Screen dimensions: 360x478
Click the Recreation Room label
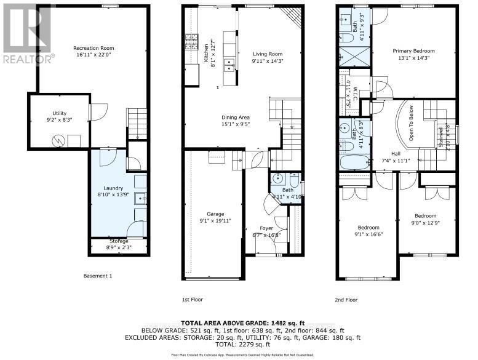click(94, 48)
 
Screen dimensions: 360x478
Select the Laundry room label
click(113, 188)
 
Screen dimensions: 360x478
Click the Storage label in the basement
click(119, 241)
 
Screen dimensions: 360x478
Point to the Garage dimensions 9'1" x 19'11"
click(215, 220)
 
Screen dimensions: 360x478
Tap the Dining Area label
click(236, 117)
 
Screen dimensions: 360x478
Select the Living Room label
click(266, 54)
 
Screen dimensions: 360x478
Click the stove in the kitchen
click(189, 42)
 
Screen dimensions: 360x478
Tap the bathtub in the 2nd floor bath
click(354, 162)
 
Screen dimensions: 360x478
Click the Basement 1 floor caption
click(98, 276)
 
